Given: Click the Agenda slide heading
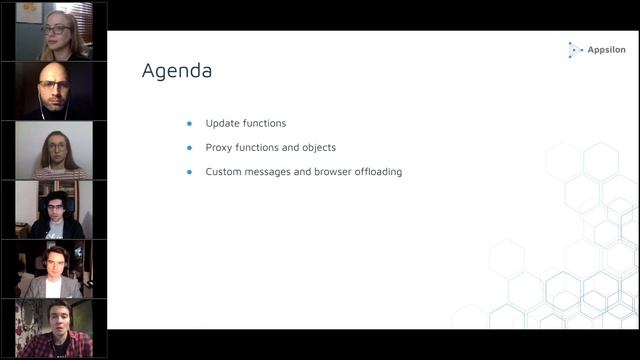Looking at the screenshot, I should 177,71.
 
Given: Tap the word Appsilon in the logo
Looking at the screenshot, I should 607,48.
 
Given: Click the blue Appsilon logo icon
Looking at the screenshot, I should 575,48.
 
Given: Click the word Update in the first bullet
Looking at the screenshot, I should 221,123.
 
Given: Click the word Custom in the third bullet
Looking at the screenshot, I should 224,171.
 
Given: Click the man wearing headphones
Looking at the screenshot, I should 55,211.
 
